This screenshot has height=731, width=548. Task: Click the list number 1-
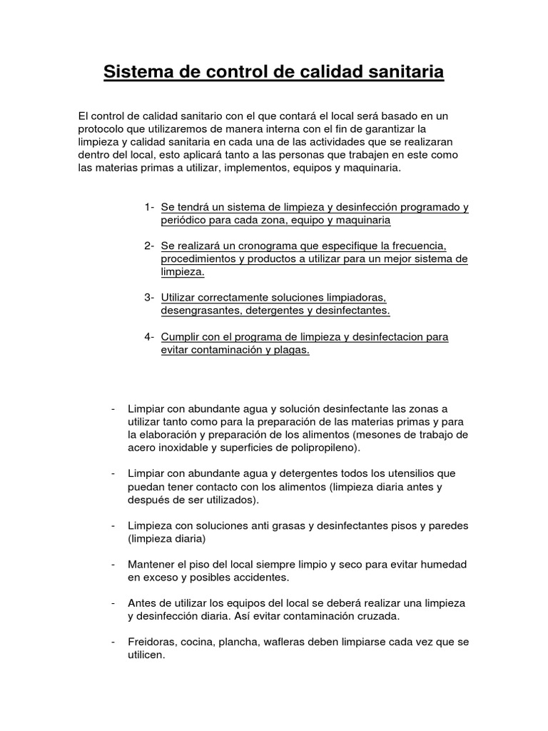[x=149, y=207]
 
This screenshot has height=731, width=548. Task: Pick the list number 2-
[x=149, y=246]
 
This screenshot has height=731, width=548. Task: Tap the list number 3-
[x=149, y=297]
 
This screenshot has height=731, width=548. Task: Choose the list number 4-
[x=149, y=336]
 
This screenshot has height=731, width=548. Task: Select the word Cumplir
[x=181, y=336]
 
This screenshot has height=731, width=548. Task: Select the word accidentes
[x=253, y=577]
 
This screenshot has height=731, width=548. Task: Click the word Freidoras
[x=152, y=641]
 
